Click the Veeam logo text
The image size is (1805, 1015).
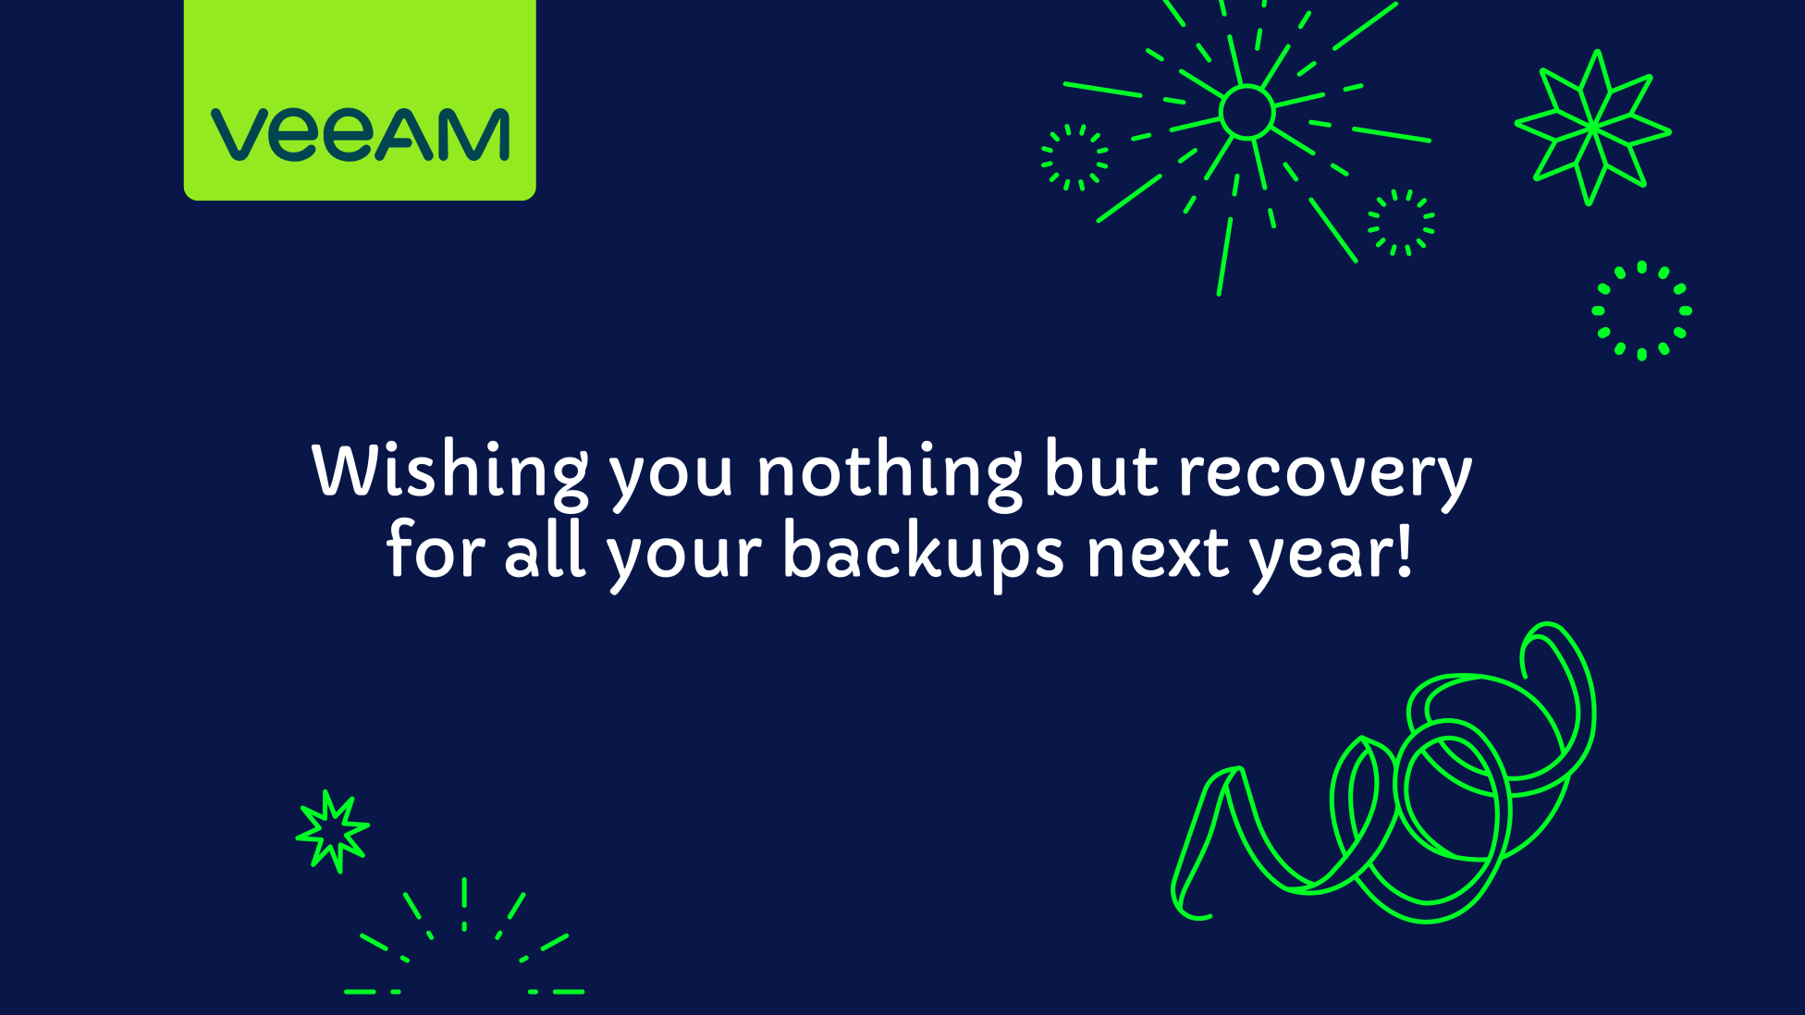pos(360,134)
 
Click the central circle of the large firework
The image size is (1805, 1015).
pos(1246,112)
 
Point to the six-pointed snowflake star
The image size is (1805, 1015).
pos(1593,128)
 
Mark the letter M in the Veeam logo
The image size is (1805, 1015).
pos(473,134)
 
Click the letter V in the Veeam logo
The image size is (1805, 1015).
pos(239,135)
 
